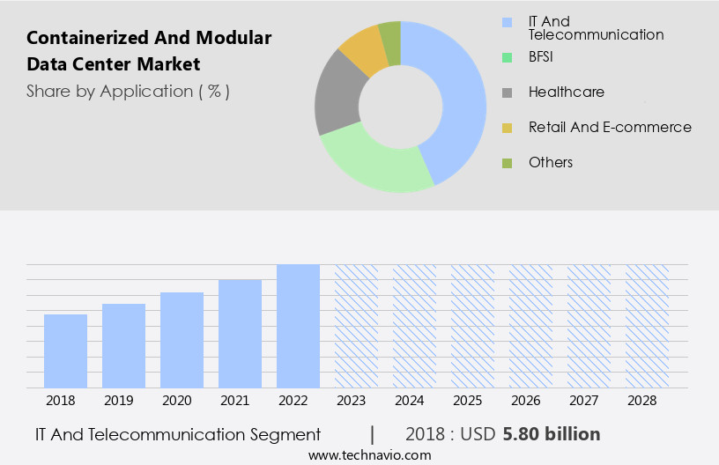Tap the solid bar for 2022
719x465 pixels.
[298, 326]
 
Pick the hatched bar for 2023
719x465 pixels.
[356, 326]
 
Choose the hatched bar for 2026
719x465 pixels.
[530, 326]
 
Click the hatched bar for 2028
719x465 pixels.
[647, 326]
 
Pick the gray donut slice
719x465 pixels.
[338, 97]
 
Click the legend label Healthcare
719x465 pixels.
[566, 92]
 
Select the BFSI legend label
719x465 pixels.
[543, 56]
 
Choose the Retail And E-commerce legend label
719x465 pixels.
[610, 127]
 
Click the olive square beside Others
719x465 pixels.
[507, 163]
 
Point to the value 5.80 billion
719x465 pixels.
[552, 434]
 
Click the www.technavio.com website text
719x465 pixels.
[369, 454]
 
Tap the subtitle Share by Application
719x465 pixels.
[128, 92]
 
